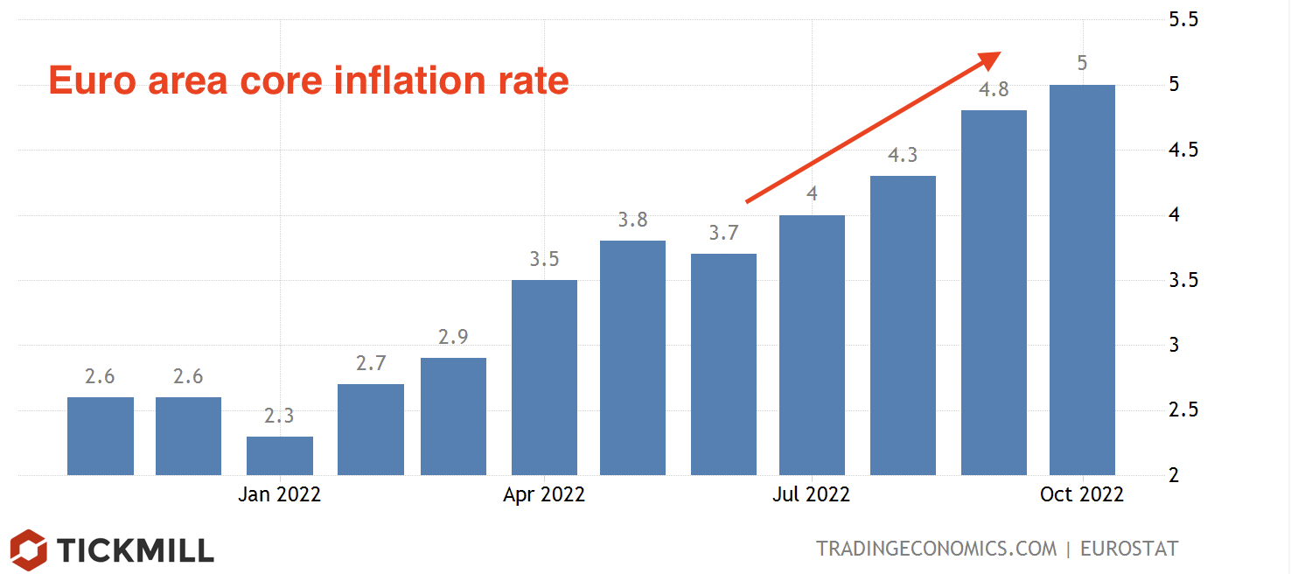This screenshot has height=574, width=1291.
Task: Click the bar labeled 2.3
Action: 280,455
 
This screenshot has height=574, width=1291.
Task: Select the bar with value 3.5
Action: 544,377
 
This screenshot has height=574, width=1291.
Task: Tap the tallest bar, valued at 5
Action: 1082,280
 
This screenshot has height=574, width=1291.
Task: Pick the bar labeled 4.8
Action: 994,292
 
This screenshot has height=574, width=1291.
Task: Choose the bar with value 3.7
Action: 723,364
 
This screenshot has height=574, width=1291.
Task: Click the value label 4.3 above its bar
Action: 903,156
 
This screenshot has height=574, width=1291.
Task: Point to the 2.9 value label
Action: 454,337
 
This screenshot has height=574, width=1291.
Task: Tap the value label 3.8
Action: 632,220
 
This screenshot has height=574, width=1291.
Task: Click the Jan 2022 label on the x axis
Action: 279,495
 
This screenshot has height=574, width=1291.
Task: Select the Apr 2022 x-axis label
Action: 544,495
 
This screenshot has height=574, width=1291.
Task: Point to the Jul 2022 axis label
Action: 811,495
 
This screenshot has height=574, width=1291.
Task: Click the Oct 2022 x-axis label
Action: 1082,495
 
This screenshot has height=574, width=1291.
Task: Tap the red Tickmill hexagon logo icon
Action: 29,549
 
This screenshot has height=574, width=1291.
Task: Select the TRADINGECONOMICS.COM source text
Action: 936,549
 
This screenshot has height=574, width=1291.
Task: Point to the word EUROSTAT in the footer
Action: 1129,549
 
